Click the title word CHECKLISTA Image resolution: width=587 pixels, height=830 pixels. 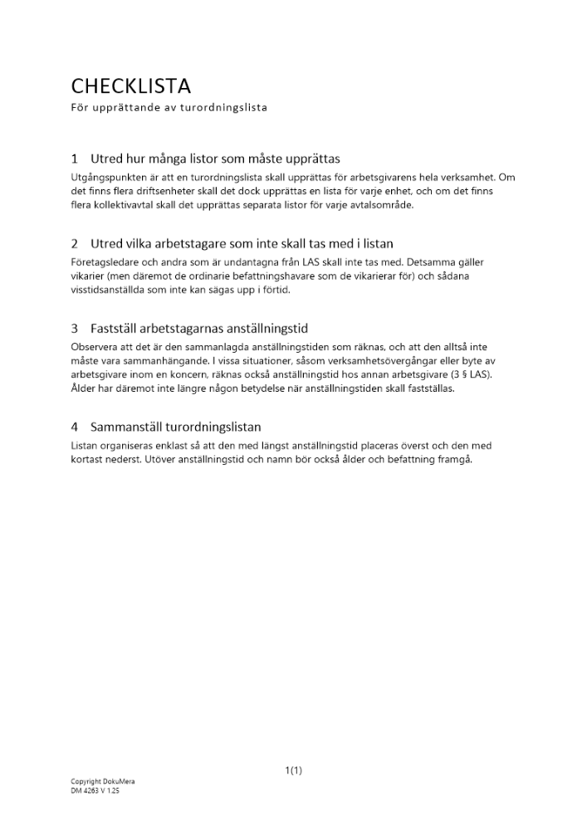click(131, 86)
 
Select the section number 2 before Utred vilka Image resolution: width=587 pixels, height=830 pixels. click(75, 243)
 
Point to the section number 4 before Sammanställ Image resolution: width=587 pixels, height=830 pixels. click(75, 427)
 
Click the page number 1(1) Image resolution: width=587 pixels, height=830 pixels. click(293, 771)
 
